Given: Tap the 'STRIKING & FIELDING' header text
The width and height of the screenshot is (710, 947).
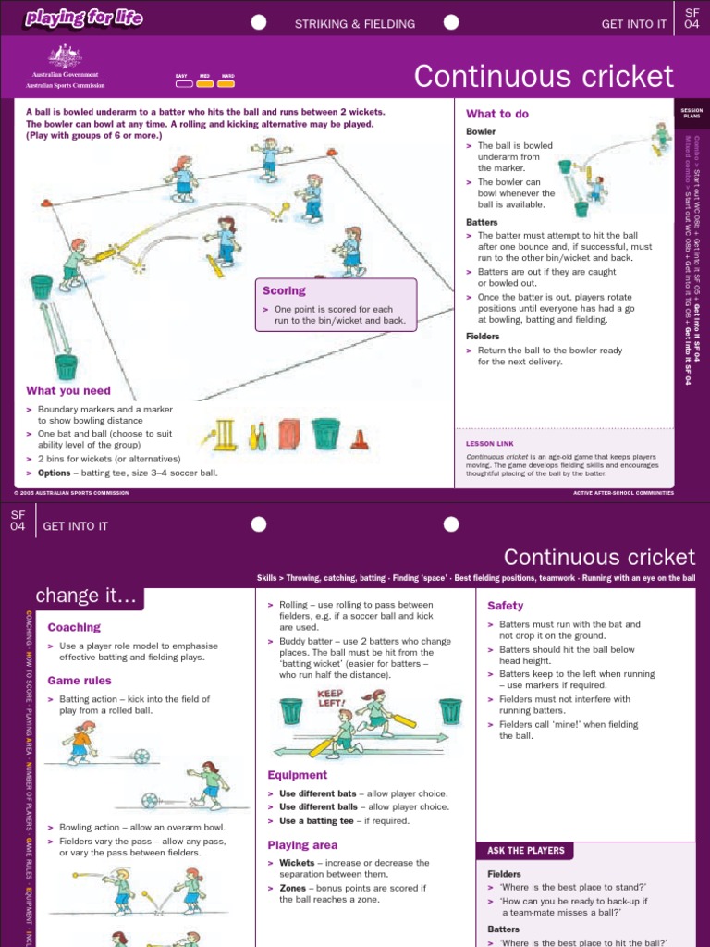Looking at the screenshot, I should pos(354,24).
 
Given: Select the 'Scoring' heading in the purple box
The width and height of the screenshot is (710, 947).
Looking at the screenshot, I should pos(284,290).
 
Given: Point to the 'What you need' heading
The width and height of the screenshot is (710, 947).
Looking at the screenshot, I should pos(68,391).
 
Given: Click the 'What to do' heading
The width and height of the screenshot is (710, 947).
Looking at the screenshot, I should pos(497,114).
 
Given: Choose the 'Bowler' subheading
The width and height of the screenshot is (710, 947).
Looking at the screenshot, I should pos(481,132).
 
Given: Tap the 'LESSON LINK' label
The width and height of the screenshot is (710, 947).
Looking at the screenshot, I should pos(490,444).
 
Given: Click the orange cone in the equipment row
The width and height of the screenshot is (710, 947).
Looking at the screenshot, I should pos(360,439).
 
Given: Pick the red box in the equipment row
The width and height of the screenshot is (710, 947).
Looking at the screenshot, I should pos(289,435).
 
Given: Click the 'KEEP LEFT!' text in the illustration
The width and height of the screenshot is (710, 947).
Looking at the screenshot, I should pos(330,698).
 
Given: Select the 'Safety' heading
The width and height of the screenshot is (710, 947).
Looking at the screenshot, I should pos(506,606).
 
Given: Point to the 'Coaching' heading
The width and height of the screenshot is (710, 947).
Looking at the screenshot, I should pos(74,627).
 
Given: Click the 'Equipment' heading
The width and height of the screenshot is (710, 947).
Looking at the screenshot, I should pos(298,775).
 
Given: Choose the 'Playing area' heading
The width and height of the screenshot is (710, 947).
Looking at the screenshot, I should pos(302,845).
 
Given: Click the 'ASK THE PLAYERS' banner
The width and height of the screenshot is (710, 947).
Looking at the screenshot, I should pos(526,850).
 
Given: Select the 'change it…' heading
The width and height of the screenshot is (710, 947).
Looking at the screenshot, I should pos(85,597).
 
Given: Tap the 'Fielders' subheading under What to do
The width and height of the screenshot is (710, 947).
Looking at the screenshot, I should pos(484,337).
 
